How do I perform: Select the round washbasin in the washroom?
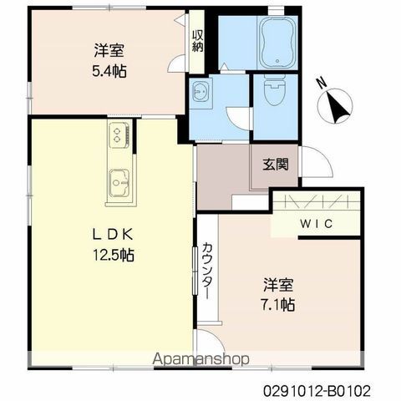pyautogui.click(x=200, y=93)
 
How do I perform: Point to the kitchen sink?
pyautogui.click(x=119, y=182)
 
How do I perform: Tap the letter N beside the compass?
pyautogui.click(x=322, y=83)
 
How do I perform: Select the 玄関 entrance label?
pyautogui.click(x=276, y=165)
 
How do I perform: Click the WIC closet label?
pyautogui.click(x=317, y=224)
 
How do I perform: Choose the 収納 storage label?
pyautogui.click(x=197, y=41)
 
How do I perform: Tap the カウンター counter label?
pyautogui.click(x=208, y=271)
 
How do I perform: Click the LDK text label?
pyautogui.click(x=113, y=235)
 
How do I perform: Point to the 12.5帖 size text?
pyautogui.click(x=113, y=255)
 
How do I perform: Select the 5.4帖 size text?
pyautogui.click(x=109, y=71)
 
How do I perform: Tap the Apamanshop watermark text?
pyautogui.click(x=200, y=359)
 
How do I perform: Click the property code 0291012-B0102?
pyautogui.click(x=317, y=391)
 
